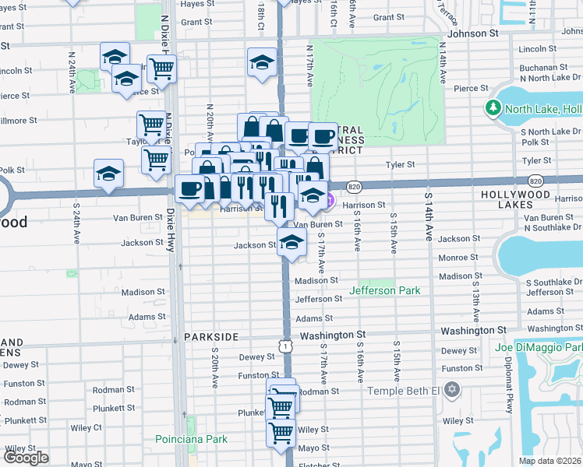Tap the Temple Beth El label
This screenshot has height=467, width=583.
(404, 391)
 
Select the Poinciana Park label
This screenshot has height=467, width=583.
(191, 439)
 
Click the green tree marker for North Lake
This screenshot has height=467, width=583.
(493, 108)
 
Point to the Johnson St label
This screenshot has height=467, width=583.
(472, 34)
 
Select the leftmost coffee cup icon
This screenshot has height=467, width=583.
(189, 188)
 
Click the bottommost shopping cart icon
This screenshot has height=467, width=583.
(281, 432)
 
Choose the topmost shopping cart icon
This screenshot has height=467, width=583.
(162, 68)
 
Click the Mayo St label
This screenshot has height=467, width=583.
(313, 448)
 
